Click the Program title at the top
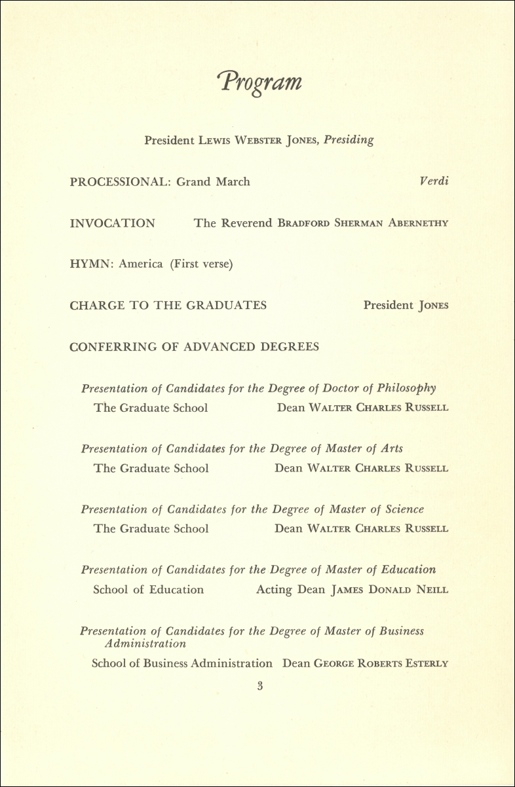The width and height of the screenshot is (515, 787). [260, 82]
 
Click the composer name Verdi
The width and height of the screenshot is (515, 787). [434, 181]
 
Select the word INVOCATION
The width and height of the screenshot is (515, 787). [112, 223]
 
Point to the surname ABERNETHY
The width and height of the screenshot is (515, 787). [419, 223]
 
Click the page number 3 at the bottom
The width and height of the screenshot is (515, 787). [260, 686]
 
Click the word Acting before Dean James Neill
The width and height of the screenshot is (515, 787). [275, 589]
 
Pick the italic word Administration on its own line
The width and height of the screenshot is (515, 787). [146, 644]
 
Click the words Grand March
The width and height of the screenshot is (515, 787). [213, 182]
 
